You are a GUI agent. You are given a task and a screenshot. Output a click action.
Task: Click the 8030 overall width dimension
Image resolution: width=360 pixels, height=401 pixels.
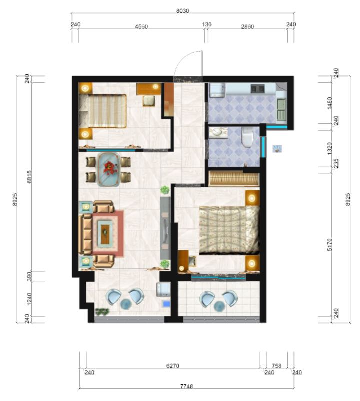click(183, 11)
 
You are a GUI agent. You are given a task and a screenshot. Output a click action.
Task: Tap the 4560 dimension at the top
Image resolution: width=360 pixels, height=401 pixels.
click(141, 26)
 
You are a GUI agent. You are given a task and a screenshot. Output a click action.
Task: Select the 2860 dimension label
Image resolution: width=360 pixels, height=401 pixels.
click(247, 26)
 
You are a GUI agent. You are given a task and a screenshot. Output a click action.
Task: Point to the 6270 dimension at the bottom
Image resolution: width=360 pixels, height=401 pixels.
click(173, 366)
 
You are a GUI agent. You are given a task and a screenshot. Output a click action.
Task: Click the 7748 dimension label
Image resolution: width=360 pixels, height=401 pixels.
click(186, 386)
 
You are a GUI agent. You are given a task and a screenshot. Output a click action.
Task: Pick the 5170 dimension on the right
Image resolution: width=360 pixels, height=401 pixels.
click(330, 245)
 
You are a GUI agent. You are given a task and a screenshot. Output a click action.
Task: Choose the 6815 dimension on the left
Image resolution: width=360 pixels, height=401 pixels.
click(29, 177)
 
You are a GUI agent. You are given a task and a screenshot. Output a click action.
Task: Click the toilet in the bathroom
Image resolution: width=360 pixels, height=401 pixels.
click(247, 138)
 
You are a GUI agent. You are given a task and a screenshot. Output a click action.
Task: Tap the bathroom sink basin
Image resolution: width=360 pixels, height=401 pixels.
click(218, 132)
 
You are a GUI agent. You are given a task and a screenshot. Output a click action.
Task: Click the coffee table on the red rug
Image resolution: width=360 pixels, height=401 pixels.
click(105, 232)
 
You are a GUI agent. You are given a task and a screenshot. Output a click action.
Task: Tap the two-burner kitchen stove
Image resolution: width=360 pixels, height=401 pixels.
click(257, 89)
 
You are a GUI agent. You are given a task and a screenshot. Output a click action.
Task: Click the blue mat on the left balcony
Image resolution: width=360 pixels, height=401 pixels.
click(166, 304)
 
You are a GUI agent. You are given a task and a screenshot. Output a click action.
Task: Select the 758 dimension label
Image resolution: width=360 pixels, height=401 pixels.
click(277, 366)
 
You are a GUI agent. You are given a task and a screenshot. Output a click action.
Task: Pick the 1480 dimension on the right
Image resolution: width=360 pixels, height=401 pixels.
click(330, 103)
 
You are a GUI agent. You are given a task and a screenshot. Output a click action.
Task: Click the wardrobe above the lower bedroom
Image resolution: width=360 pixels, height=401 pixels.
click(234, 178)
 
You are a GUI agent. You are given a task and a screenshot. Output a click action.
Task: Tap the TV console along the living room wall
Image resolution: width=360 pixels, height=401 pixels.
click(165, 228)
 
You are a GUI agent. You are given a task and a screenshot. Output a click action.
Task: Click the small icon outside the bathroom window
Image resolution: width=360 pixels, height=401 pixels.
click(277, 149)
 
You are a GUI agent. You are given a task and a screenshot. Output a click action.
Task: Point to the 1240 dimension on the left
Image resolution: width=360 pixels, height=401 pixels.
click(29, 299)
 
